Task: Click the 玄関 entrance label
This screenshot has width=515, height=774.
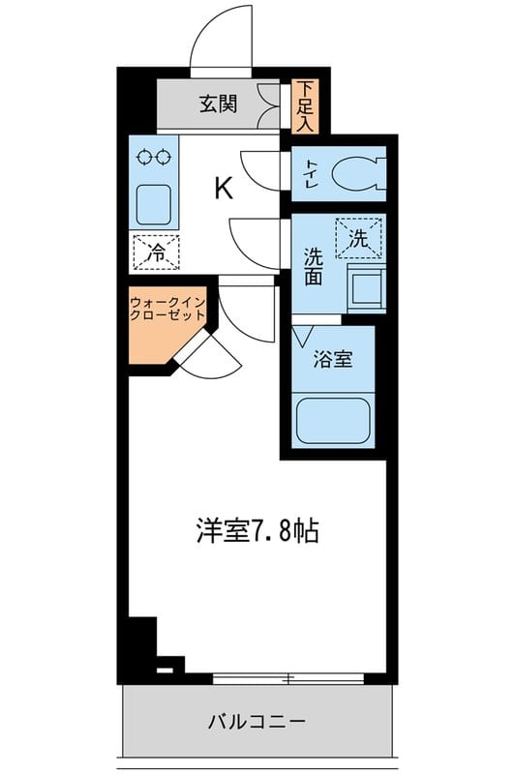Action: pyautogui.click(x=219, y=104)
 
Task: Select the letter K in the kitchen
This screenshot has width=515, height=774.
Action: pyautogui.click(x=223, y=189)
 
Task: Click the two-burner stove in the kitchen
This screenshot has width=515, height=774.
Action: pyautogui.click(x=155, y=155)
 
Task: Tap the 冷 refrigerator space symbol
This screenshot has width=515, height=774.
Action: pyautogui.click(x=155, y=252)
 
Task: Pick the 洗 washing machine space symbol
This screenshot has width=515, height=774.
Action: pyautogui.click(x=358, y=238)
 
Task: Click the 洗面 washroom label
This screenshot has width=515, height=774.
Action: pyautogui.click(x=313, y=266)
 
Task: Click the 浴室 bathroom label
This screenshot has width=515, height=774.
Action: pyautogui.click(x=332, y=360)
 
